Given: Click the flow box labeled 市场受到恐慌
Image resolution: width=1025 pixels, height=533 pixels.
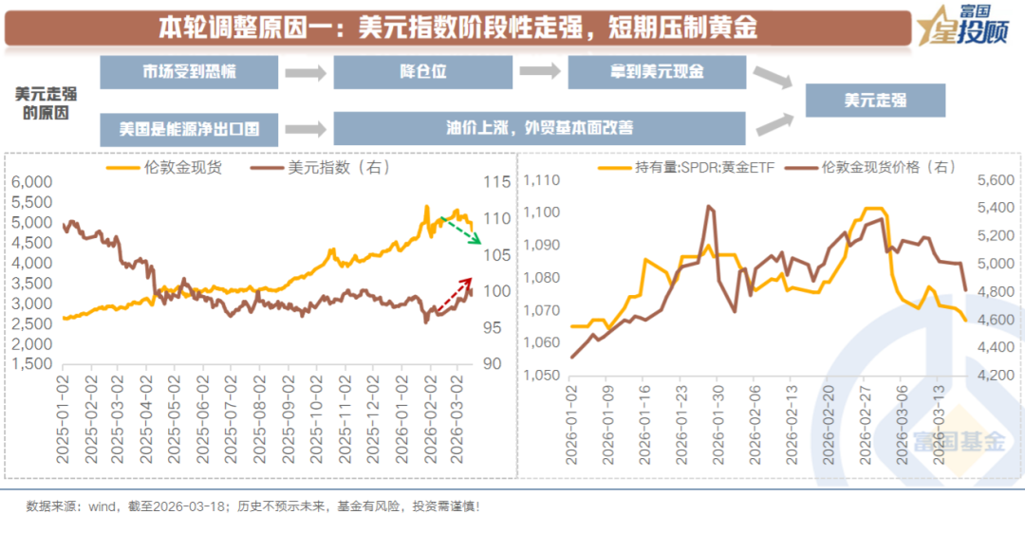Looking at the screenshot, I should click(x=189, y=72).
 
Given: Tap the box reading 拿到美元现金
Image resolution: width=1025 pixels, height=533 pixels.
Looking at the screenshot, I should click(x=657, y=72).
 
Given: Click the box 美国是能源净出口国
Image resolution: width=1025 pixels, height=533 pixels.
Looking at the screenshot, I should click(x=189, y=128).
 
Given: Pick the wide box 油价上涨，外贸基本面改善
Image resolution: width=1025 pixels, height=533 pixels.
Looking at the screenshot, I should click(x=539, y=128).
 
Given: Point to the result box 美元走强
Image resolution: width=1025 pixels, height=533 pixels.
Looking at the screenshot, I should click(x=875, y=101).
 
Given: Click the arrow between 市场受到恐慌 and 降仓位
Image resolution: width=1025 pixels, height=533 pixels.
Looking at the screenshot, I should click(x=306, y=72).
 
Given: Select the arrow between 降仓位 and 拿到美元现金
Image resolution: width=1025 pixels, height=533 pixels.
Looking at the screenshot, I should click(x=539, y=72).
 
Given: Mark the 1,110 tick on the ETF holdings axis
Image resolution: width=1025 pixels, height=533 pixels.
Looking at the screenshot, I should click(x=543, y=181).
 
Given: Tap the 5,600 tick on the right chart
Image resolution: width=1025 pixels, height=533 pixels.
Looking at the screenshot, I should click(x=997, y=181).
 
